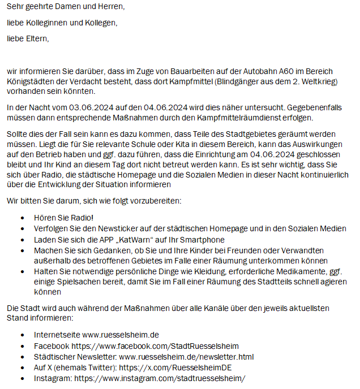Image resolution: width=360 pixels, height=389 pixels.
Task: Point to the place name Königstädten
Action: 32,81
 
